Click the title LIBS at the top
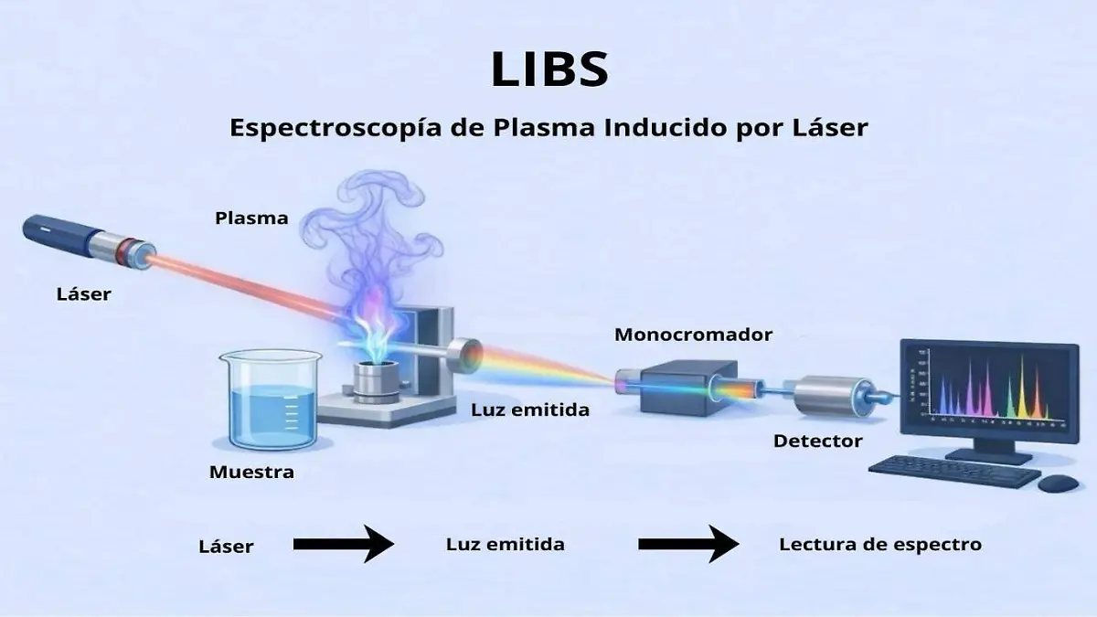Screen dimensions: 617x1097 (x=548, y=69)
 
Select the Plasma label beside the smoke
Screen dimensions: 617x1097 (x=251, y=218)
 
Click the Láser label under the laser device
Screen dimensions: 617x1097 (x=83, y=294)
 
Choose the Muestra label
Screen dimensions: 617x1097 (x=251, y=473)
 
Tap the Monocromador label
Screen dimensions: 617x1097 (x=693, y=335)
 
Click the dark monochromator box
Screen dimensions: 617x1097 (x=681, y=384)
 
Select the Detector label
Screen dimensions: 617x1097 (x=817, y=441)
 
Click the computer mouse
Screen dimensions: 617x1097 (x=1059, y=482)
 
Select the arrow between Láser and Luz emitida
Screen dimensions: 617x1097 (x=343, y=545)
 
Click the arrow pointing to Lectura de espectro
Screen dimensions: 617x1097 (x=687, y=545)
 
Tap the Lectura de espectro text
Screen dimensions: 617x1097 (x=879, y=545)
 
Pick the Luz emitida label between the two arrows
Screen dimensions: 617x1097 (x=505, y=545)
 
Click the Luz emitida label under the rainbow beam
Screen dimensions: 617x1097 (x=530, y=410)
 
